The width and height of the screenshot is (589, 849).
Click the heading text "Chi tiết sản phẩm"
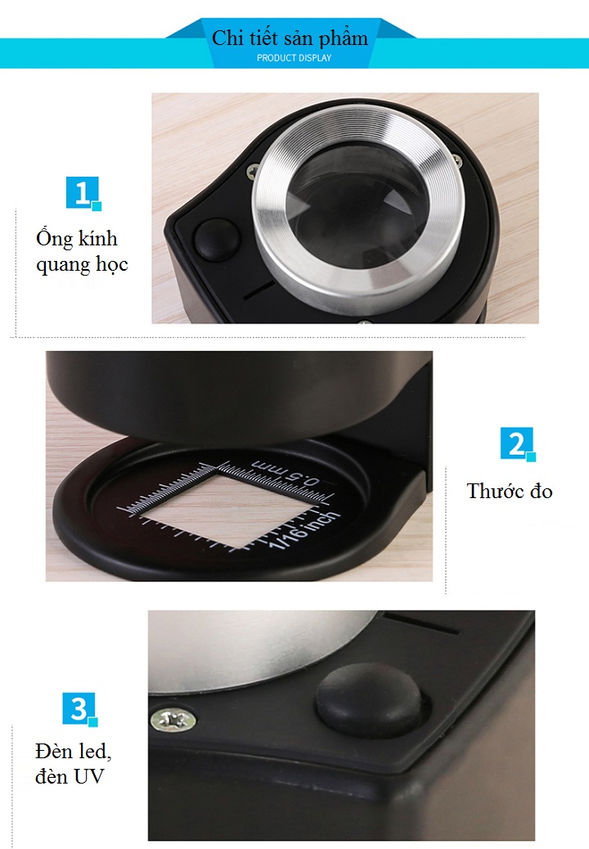point(290,38)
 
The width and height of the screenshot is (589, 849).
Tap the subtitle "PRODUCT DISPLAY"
point(294,58)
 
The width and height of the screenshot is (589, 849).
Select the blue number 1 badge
point(83,193)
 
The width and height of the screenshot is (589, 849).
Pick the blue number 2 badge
point(518,444)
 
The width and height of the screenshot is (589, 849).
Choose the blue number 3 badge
point(80,709)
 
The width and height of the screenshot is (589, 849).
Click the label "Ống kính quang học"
point(82,251)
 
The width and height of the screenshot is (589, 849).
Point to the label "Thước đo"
point(510,491)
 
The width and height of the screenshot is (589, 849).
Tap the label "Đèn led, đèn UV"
point(73,763)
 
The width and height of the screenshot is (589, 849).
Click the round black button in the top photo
point(217,240)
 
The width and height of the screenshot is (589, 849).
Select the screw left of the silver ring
point(253,172)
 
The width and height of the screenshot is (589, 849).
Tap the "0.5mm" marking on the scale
point(286,472)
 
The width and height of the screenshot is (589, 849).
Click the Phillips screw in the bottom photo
point(173,720)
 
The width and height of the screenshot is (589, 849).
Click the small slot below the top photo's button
point(259,290)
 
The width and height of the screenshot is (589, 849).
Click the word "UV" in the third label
point(89,776)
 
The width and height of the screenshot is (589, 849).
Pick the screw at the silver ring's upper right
point(457,161)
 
